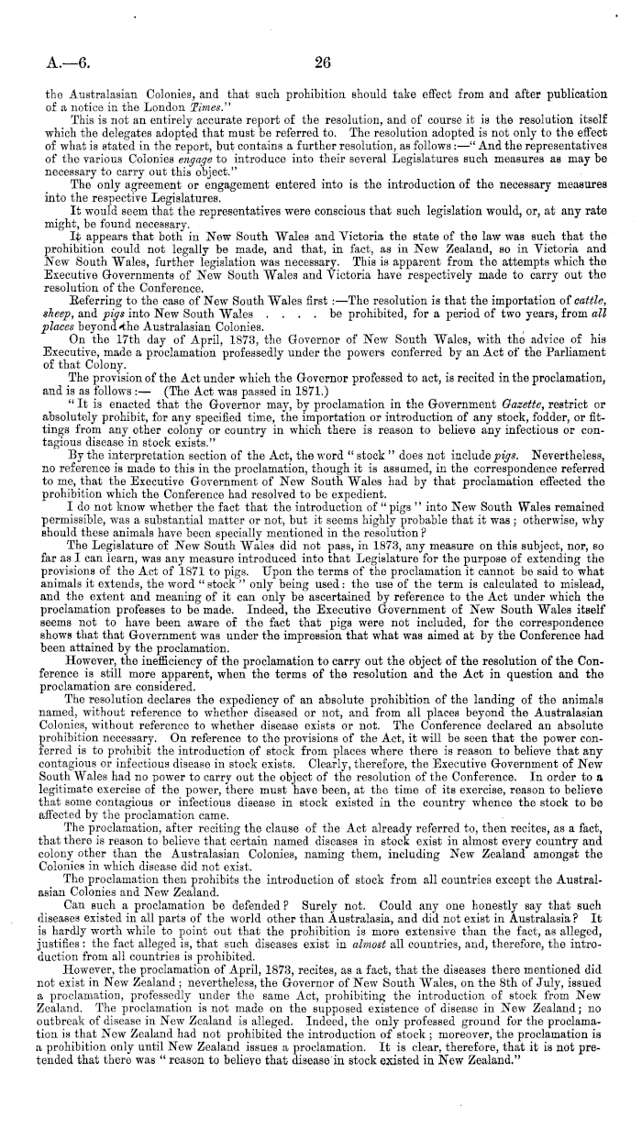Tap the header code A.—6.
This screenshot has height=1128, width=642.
tap(63, 62)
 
